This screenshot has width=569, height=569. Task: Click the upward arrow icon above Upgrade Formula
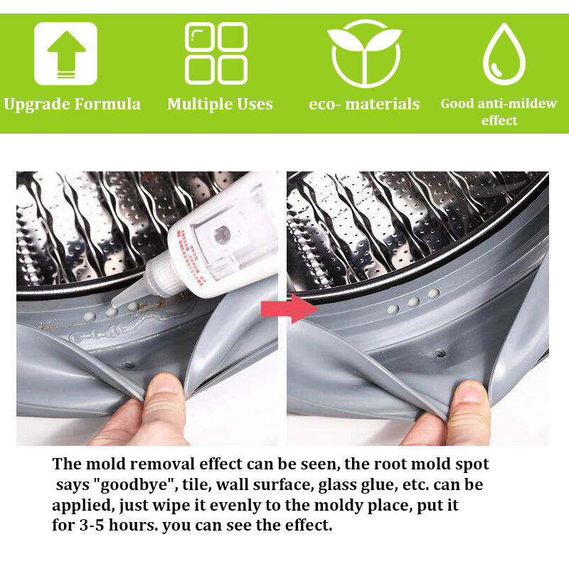pyautogui.click(x=65, y=54)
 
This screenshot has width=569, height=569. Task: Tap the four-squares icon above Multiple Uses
pyautogui.click(x=216, y=53)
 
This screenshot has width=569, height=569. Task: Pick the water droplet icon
pyautogui.click(x=504, y=54)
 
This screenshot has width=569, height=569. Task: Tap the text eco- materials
pyautogui.click(x=364, y=105)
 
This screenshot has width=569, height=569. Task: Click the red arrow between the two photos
pyautogui.click(x=289, y=309)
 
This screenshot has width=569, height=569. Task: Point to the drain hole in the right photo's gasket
pyautogui.click(x=440, y=353)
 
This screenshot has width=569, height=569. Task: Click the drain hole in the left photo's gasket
pyautogui.click(x=129, y=364)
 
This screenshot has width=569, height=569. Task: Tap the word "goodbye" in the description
pyautogui.click(x=136, y=485)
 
